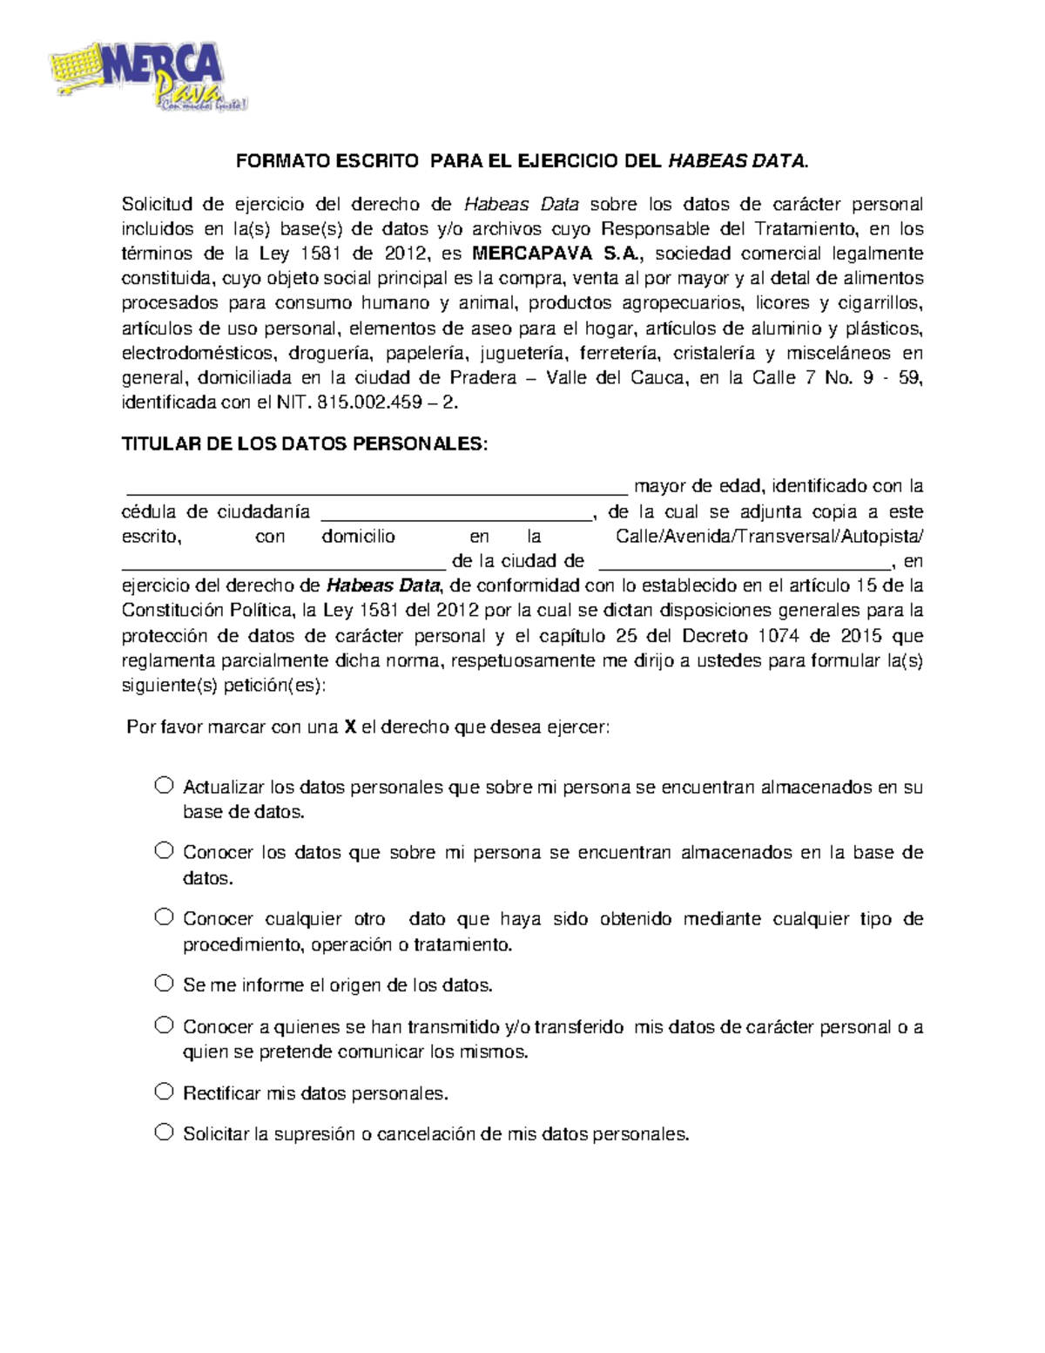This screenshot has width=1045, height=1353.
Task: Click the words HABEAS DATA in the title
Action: click(x=737, y=161)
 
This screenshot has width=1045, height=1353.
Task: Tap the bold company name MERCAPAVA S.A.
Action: click(x=557, y=254)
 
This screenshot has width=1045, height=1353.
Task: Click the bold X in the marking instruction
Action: click(x=350, y=727)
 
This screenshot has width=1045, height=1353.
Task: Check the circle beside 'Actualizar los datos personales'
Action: click(x=164, y=785)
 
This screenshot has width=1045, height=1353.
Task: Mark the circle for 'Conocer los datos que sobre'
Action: click(x=164, y=850)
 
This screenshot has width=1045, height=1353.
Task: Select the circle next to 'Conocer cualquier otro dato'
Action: click(x=164, y=917)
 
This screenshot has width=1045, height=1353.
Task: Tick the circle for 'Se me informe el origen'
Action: click(x=164, y=984)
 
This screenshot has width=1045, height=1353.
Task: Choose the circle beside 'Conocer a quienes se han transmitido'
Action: click(x=164, y=1025)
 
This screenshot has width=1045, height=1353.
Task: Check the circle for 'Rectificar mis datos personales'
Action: click(x=164, y=1091)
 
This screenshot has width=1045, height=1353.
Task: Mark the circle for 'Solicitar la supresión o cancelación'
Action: click(x=164, y=1132)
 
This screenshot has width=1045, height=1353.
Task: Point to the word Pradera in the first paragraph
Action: click(x=483, y=378)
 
